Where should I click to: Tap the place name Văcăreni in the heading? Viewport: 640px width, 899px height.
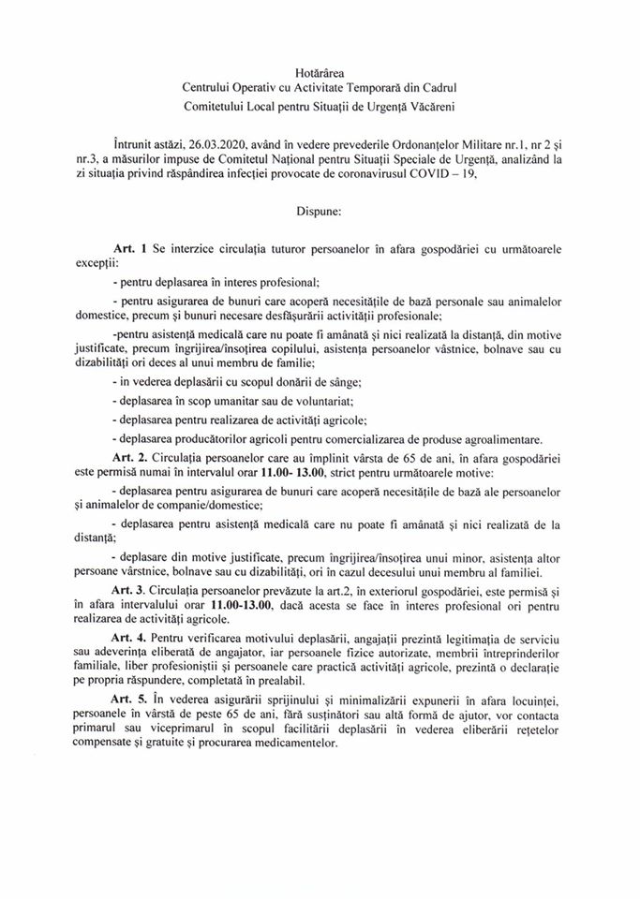coord(429,107)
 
